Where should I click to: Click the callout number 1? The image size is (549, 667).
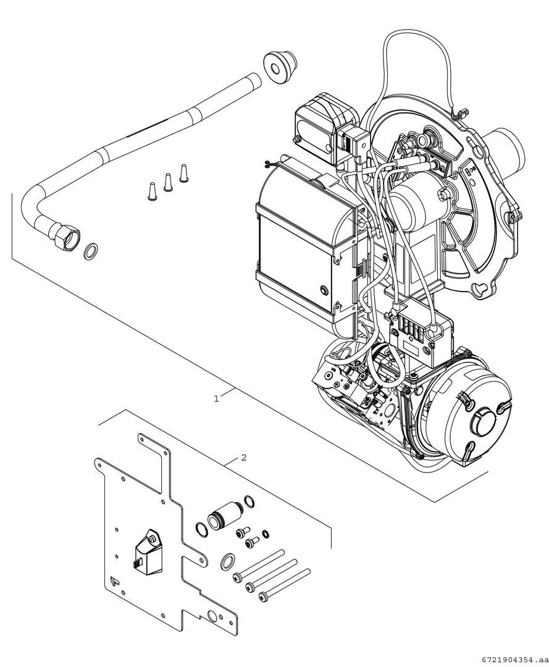[x=216, y=399]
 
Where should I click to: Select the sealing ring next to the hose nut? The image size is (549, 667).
[x=90, y=250]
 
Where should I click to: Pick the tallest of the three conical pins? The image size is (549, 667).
[x=183, y=172]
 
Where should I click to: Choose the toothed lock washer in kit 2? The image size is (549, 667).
[x=266, y=532]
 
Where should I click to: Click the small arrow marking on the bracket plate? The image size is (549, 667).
[x=112, y=579]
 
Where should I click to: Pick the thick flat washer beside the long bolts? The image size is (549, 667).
[x=227, y=560]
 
